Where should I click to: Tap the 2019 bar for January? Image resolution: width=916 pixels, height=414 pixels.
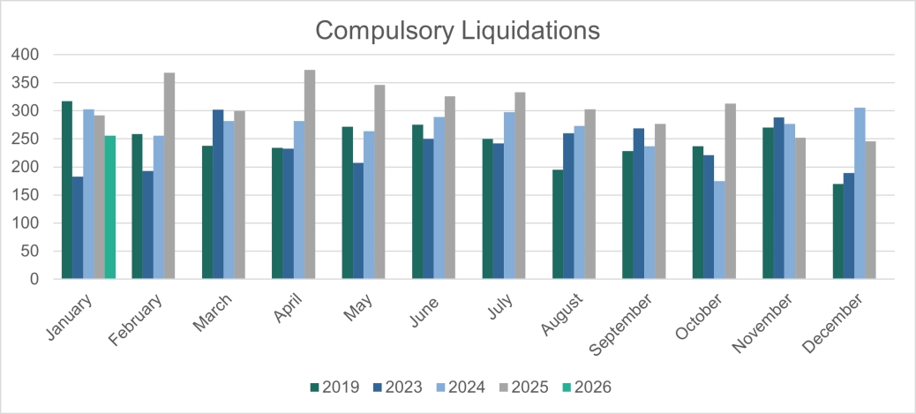click(x=67, y=191)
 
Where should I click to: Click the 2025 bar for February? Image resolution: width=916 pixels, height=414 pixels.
click(x=169, y=176)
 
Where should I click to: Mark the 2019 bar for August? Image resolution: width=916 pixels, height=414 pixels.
click(x=558, y=224)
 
